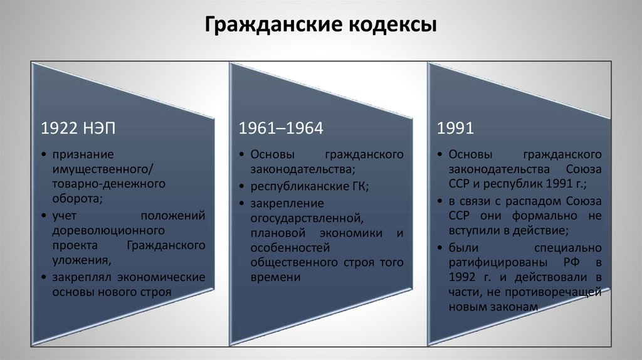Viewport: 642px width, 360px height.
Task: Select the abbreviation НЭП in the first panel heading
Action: pos(98,128)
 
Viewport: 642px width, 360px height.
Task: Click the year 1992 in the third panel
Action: pos(462,277)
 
